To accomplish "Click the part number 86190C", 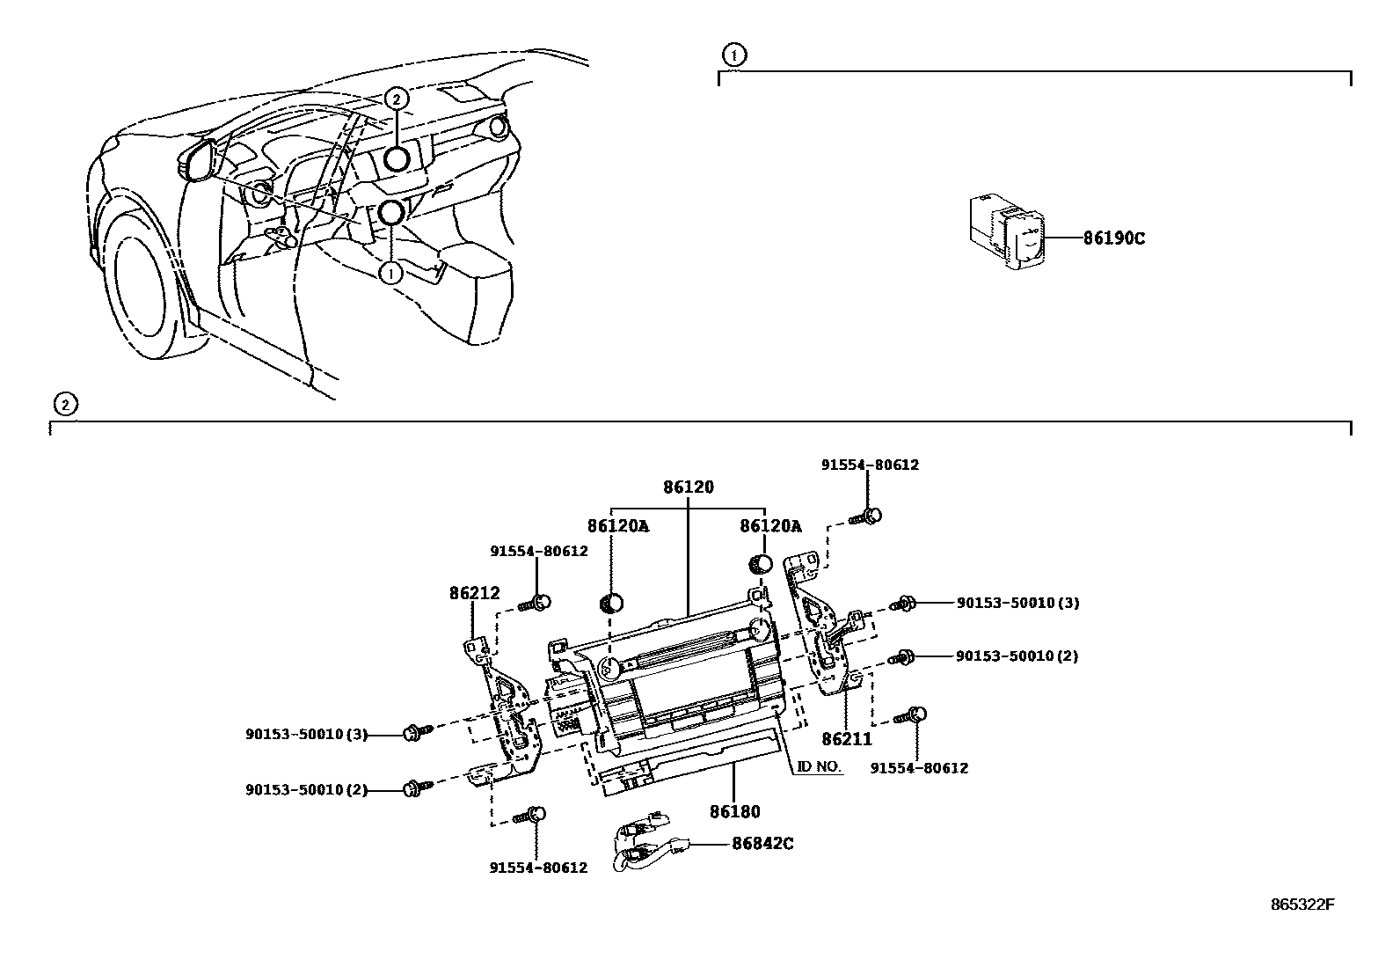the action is [1113, 238].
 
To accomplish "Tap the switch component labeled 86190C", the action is [1006, 231].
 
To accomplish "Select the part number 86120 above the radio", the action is [688, 487].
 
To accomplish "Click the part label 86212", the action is [474, 593].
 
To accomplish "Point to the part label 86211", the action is [846, 739].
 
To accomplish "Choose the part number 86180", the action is [735, 812].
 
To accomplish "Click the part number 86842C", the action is [762, 844].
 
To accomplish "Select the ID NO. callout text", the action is [820, 766].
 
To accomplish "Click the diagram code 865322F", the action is [1302, 905].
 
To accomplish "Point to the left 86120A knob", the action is [611, 604].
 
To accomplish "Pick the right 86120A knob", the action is [760, 563].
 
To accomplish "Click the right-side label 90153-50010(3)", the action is [1017, 603].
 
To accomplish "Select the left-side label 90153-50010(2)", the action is [306, 790].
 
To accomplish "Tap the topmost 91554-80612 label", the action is [870, 465].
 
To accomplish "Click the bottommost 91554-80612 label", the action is [538, 868].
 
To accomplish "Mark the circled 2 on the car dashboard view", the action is [397, 99].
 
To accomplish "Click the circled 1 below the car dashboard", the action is [390, 274].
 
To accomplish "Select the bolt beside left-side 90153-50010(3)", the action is [418, 732].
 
